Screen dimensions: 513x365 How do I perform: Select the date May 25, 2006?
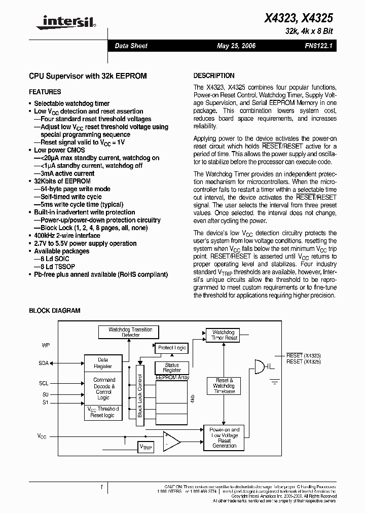(236, 46)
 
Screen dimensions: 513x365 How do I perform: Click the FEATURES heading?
(45, 92)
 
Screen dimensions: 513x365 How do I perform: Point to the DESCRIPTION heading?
(214, 76)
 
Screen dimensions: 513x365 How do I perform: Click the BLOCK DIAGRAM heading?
(55, 311)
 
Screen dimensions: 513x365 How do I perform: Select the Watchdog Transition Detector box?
(130, 333)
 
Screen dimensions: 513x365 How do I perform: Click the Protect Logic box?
(172, 348)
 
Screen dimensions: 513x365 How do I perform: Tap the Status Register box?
(172, 368)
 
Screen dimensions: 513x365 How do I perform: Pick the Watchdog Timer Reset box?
(224, 335)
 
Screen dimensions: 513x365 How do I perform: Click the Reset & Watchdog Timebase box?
(224, 386)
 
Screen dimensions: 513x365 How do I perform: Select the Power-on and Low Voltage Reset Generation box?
(224, 436)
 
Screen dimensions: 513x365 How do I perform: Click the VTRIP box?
(145, 447)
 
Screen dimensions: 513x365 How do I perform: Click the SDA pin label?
(43, 363)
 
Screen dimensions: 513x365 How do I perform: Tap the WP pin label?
(45, 345)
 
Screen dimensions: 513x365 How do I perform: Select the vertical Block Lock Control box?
(140, 391)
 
